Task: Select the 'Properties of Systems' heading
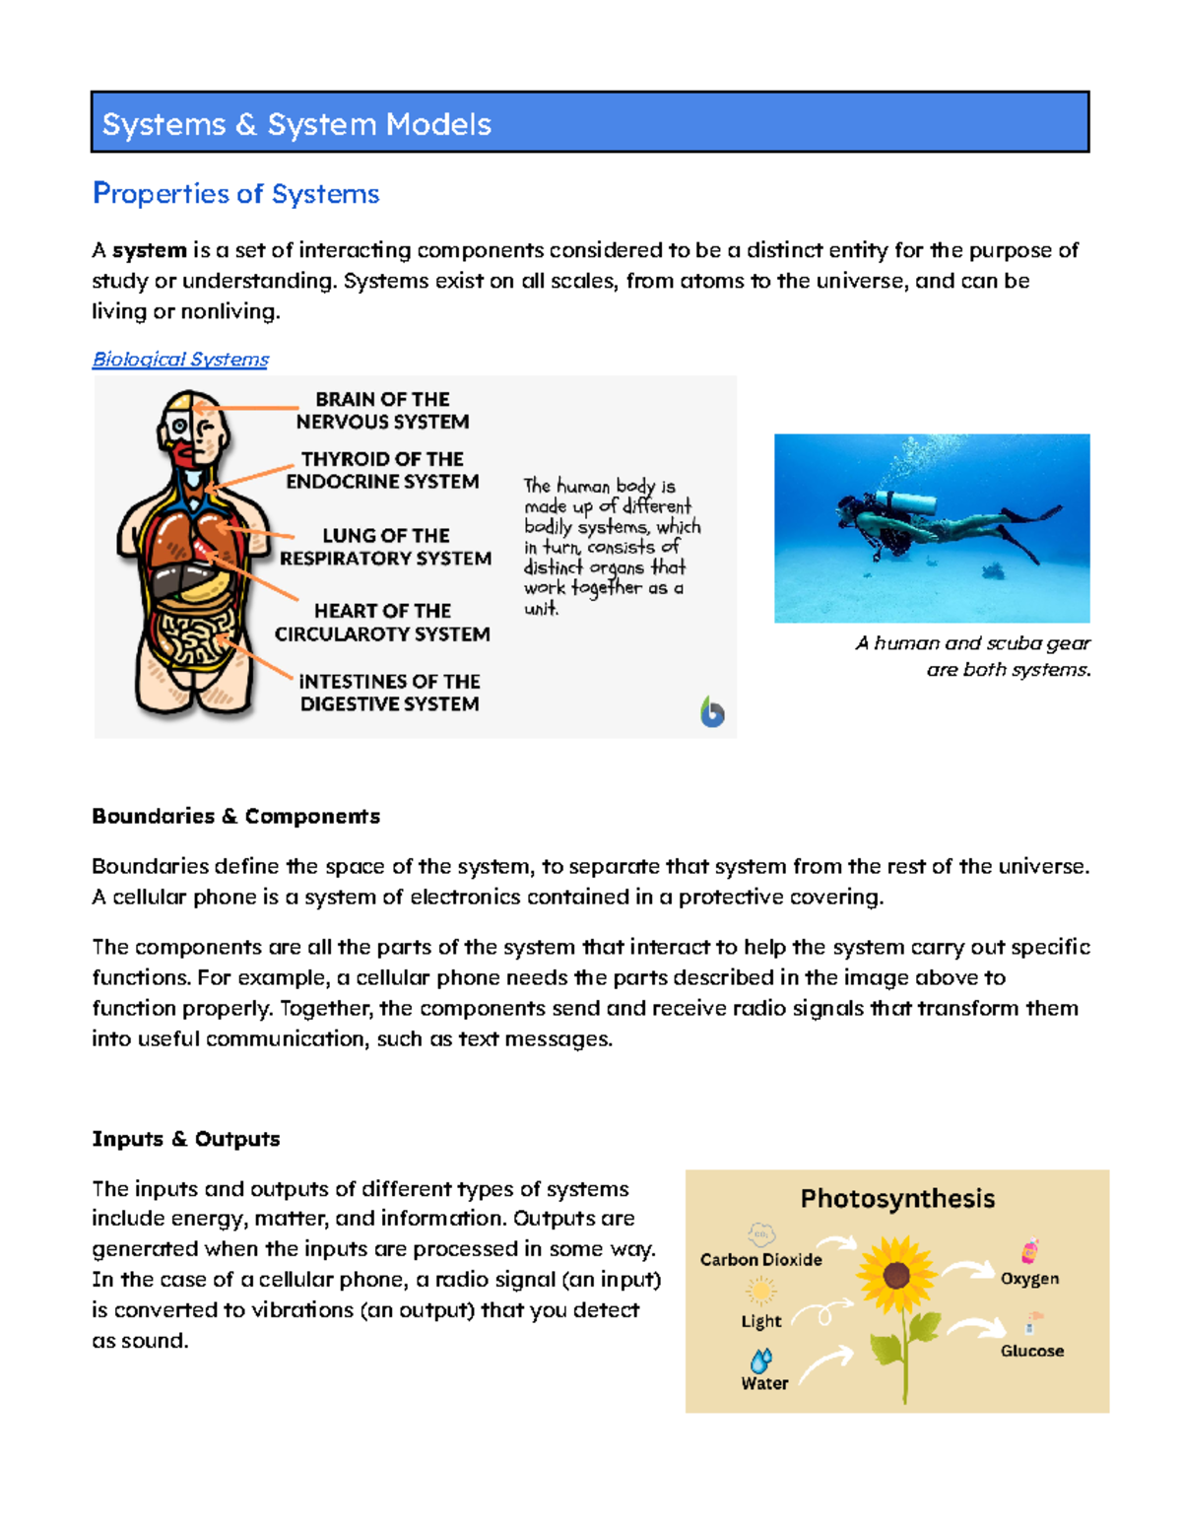click(235, 193)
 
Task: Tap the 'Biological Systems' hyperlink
click(180, 360)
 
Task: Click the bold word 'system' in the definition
click(149, 250)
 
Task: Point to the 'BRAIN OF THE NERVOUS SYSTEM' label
click(382, 410)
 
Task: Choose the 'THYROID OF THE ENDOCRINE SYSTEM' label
click(382, 470)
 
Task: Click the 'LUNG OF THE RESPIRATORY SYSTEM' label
click(385, 547)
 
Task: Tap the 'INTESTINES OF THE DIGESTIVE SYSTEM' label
click(389, 693)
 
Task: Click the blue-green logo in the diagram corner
click(712, 711)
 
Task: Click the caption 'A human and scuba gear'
click(972, 643)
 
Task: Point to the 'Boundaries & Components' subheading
click(235, 816)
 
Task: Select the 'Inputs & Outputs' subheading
click(185, 1139)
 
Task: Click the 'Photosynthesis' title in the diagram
click(897, 1198)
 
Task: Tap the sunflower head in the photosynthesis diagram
click(895, 1276)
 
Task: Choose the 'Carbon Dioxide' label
click(760, 1259)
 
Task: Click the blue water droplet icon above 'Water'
click(760, 1361)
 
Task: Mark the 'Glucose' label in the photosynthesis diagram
click(1031, 1351)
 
